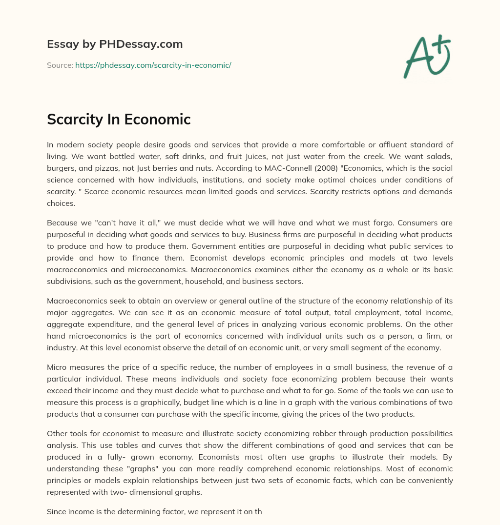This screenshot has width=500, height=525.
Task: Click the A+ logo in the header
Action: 427,57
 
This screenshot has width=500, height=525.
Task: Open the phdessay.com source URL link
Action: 153,65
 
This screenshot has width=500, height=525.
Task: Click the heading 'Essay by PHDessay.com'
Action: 115,44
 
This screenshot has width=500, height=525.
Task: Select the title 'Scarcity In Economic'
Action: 119,119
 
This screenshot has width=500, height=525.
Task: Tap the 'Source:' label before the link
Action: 60,65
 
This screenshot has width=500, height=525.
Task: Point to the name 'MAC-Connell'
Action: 279,168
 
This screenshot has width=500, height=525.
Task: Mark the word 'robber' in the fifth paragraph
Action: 298,433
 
